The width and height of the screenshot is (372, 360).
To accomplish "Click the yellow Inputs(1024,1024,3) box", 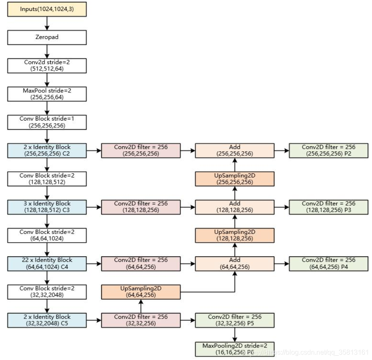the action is click(47, 9).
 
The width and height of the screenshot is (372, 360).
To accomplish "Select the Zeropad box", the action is click(47, 37).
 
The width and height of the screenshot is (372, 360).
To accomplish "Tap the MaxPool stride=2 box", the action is click(47, 94).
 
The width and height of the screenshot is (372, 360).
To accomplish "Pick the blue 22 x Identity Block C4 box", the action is click(47, 263).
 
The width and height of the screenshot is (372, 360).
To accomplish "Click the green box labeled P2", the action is click(329, 150).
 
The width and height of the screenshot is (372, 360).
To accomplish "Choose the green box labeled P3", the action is click(329, 207).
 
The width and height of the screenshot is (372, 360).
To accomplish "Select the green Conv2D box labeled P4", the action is click(329, 263).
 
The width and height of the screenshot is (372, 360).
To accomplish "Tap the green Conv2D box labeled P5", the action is click(235, 320).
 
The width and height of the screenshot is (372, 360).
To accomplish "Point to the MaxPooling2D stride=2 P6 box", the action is click(235, 349).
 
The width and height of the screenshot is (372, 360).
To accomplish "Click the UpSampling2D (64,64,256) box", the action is click(141, 292).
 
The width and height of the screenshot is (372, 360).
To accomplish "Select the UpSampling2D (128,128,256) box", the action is click(235, 235).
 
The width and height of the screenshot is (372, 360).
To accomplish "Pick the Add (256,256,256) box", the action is click(235, 150).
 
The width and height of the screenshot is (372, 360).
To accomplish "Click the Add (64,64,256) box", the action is click(235, 263).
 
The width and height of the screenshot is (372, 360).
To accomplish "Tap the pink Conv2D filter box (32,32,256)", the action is click(141, 320).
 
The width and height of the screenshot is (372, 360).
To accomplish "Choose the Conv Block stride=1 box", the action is click(47, 122).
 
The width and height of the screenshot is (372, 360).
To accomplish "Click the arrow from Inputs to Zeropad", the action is click(47, 23).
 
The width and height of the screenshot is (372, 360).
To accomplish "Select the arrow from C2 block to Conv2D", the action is click(94, 150).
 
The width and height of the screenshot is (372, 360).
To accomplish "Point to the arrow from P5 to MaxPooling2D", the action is click(235, 335).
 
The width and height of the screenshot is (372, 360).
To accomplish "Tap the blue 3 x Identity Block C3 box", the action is click(47, 207).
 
